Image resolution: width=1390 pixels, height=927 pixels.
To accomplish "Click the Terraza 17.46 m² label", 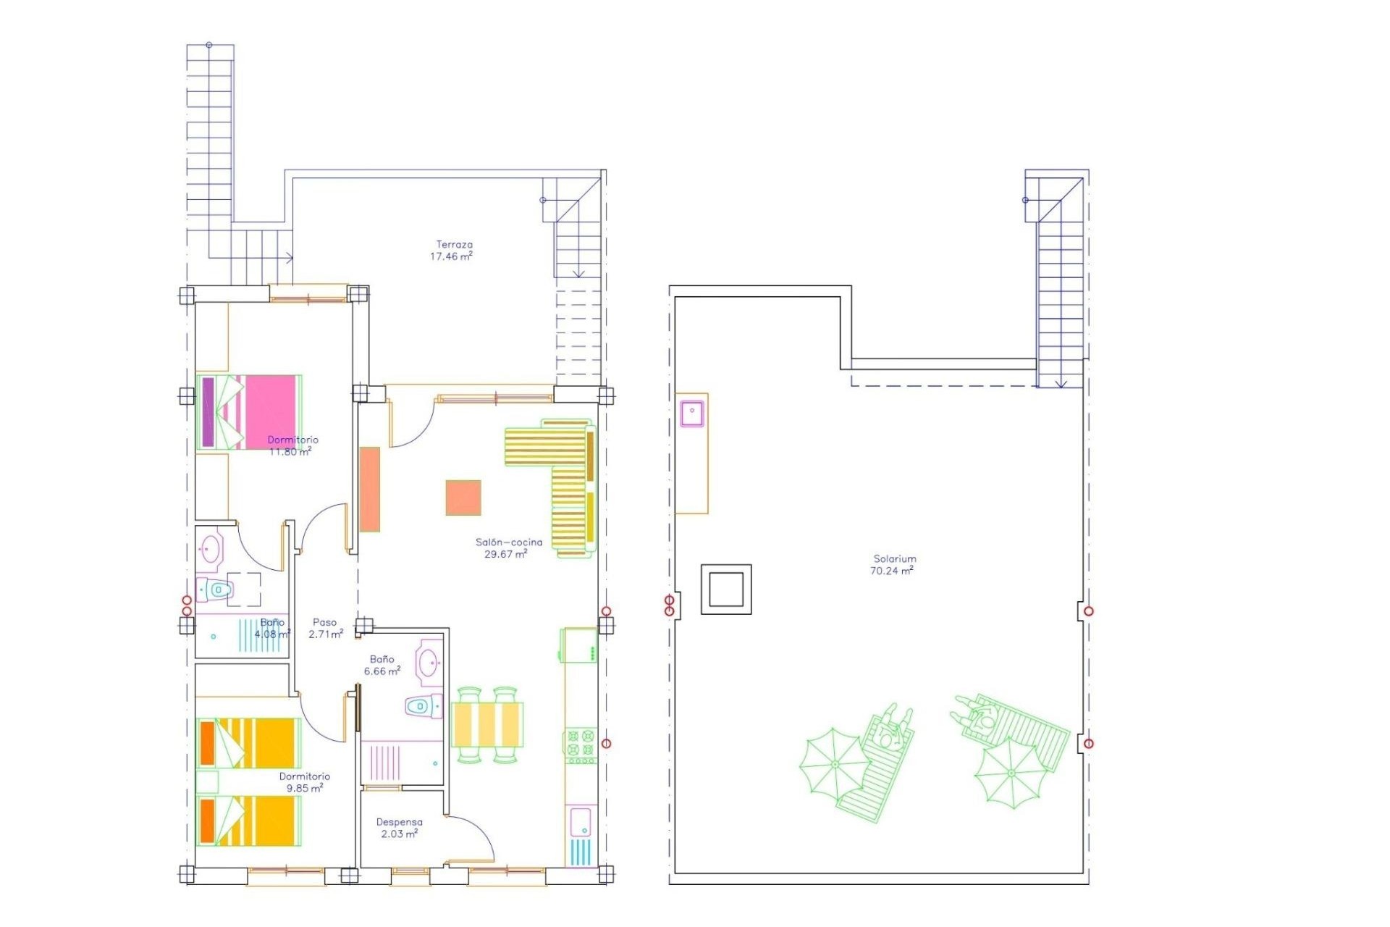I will click(452, 251).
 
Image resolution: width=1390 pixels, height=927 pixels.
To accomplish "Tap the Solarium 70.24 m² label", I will click(893, 565).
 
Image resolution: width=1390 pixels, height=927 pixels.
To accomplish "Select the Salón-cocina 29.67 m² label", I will click(507, 548).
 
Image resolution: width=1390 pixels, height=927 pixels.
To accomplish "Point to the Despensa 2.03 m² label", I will click(400, 828).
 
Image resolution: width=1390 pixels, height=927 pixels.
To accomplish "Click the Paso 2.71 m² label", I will click(325, 628).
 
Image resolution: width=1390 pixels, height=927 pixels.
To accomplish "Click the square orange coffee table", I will click(463, 498).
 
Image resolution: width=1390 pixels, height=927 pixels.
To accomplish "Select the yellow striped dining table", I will click(486, 724).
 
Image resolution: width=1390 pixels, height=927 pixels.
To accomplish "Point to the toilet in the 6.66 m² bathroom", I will click(423, 706).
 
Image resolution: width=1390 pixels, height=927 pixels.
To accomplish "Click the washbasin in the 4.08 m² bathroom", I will click(211, 549).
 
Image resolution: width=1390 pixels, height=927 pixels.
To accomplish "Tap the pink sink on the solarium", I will click(692, 414).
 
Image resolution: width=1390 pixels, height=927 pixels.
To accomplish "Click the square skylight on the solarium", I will click(726, 589).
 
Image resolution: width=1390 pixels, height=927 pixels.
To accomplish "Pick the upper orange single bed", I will click(248, 743).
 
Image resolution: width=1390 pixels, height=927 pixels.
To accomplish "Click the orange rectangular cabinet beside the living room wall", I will click(370, 489).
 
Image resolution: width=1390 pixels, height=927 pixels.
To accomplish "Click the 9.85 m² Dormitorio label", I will click(305, 782).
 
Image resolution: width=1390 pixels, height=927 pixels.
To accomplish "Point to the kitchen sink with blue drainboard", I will click(581, 836).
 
